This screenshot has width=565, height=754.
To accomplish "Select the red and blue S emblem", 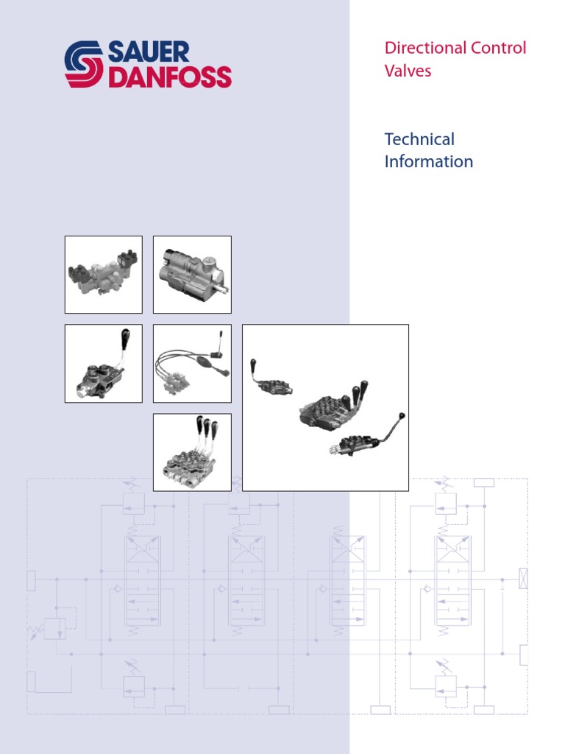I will point(84,65).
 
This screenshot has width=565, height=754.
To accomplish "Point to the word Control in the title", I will point(498,49).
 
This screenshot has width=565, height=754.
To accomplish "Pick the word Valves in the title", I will point(408,71).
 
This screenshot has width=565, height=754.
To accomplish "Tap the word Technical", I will point(419,139).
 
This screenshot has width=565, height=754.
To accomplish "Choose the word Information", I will point(428,161).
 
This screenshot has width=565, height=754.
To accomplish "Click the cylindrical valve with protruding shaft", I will point(192,275).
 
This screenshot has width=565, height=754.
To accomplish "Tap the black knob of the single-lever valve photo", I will point(126,337).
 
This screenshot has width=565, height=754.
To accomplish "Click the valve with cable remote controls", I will point(191,364).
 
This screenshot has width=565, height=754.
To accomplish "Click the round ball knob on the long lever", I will point(401,417).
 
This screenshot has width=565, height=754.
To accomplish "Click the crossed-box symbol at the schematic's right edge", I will point(523,579).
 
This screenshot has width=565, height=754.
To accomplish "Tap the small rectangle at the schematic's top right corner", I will point(484,483).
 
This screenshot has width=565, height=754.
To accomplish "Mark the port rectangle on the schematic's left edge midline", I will point(31,580).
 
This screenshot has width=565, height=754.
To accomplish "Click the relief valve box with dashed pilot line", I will point(54,628).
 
